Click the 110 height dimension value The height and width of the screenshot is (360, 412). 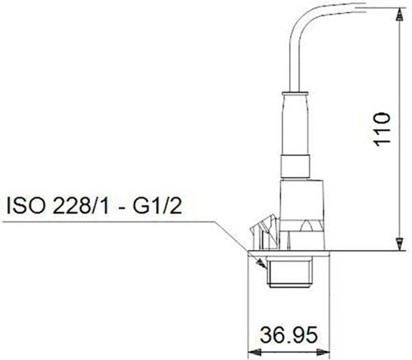[x=382, y=129]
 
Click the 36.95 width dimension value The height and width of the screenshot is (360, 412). [x=288, y=334]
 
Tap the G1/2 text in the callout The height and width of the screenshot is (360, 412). [x=157, y=205]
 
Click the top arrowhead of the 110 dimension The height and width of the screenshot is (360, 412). [x=400, y=14]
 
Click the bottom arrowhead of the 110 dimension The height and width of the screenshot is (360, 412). [x=400, y=244]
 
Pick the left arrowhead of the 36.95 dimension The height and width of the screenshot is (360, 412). [x=255, y=352]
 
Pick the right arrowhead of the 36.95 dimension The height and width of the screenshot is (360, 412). [x=322, y=352]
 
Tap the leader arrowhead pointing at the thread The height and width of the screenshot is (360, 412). [x=261, y=264]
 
